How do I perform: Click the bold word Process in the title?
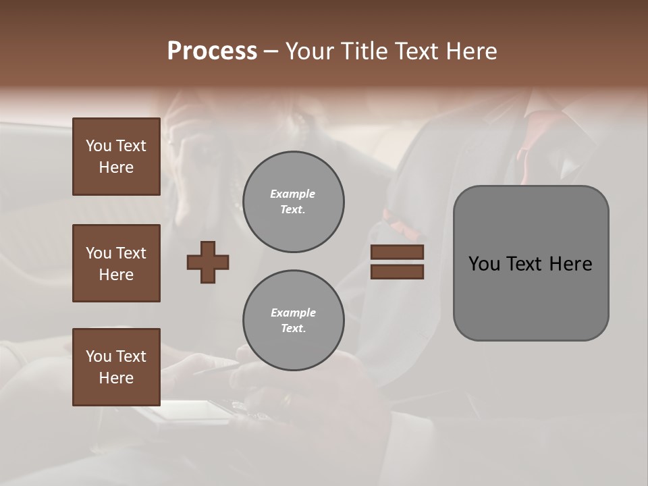[x=212, y=51]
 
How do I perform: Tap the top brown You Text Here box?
[x=116, y=157]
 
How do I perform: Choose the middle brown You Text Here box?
[x=116, y=263]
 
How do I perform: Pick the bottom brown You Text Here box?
[x=116, y=367]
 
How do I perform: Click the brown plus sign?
[x=208, y=262]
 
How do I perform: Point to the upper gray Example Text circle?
[x=293, y=202]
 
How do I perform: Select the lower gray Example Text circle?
[x=293, y=321]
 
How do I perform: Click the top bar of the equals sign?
[x=398, y=252]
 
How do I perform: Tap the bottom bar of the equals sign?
[x=398, y=271]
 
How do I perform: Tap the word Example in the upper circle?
[x=293, y=194]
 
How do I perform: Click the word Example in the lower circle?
[x=293, y=313]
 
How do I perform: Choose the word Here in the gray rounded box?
[x=571, y=263]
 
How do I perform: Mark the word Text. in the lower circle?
[x=293, y=329]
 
